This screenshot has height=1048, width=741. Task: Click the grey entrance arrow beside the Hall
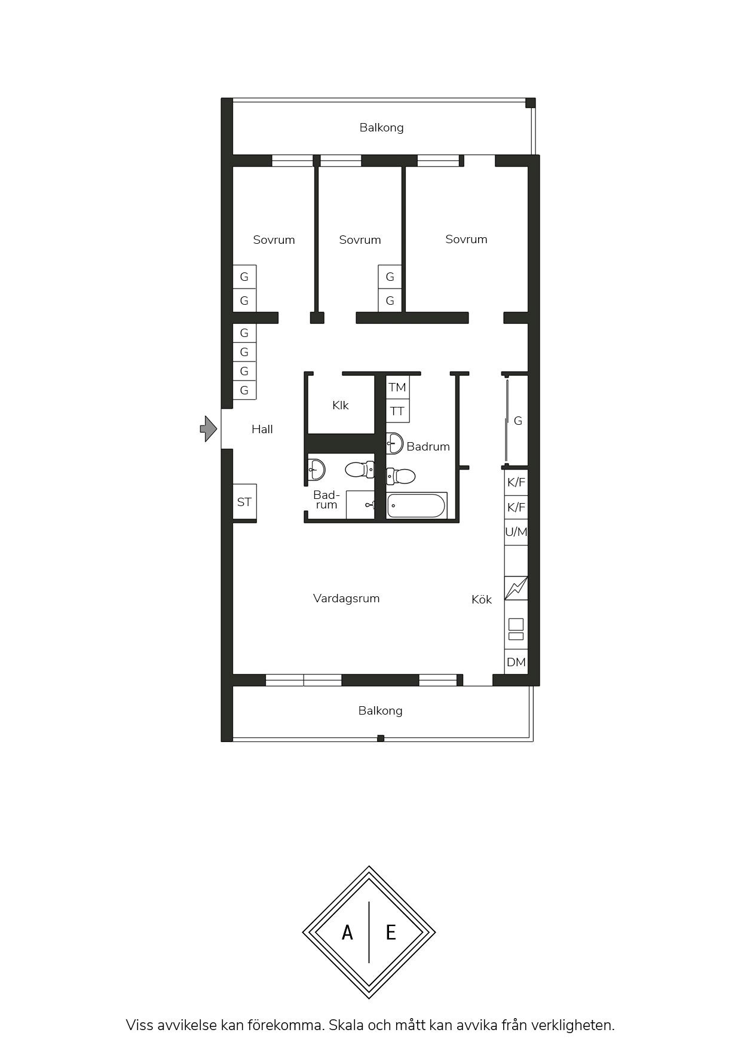pyautogui.click(x=209, y=428)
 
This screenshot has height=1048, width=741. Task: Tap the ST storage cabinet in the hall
pyautogui.click(x=244, y=502)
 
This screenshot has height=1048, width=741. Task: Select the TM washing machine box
pyautogui.click(x=397, y=387)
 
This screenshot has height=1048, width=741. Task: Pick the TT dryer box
pyautogui.click(x=397, y=411)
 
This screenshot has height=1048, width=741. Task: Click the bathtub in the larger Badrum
pyautogui.click(x=417, y=505)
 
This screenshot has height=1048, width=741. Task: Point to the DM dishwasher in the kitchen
pyautogui.click(x=516, y=662)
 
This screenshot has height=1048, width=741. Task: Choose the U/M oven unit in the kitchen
pyautogui.click(x=516, y=532)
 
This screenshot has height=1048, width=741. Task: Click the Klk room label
pyautogui.click(x=341, y=405)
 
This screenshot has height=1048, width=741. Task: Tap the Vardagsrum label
pyautogui.click(x=347, y=598)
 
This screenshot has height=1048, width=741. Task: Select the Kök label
pyautogui.click(x=482, y=599)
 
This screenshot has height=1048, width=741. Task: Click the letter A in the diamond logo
pyautogui.click(x=347, y=932)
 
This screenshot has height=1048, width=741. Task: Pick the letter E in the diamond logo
pyautogui.click(x=391, y=932)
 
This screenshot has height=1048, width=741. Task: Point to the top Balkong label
pyautogui.click(x=381, y=127)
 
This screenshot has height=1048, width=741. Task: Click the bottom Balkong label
pyautogui.click(x=381, y=710)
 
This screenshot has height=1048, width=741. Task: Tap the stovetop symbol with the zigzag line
pyautogui.click(x=516, y=588)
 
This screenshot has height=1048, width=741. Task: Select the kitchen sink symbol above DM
pyautogui.click(x=516, y=629)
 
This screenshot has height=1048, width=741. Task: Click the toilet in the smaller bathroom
pyautogui.click(x=360, y=470)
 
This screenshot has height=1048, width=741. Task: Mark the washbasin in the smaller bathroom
pyautogui.click(x=317, y=470)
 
